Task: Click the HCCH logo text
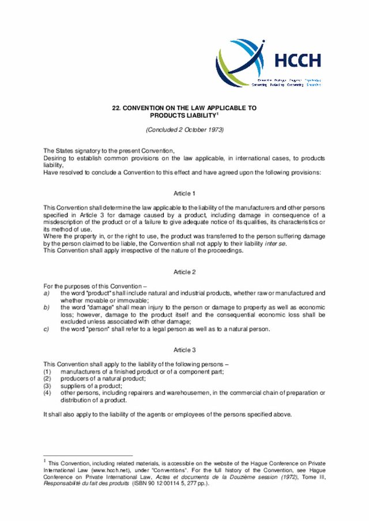click(298, 60)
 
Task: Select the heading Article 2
click(184, 272)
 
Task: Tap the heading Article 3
click(184, 349)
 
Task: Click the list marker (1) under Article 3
click(48, 371)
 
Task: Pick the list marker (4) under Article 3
click(48, 393)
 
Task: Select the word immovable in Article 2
click(132, 300)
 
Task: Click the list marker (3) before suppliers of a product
click(48, 385)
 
